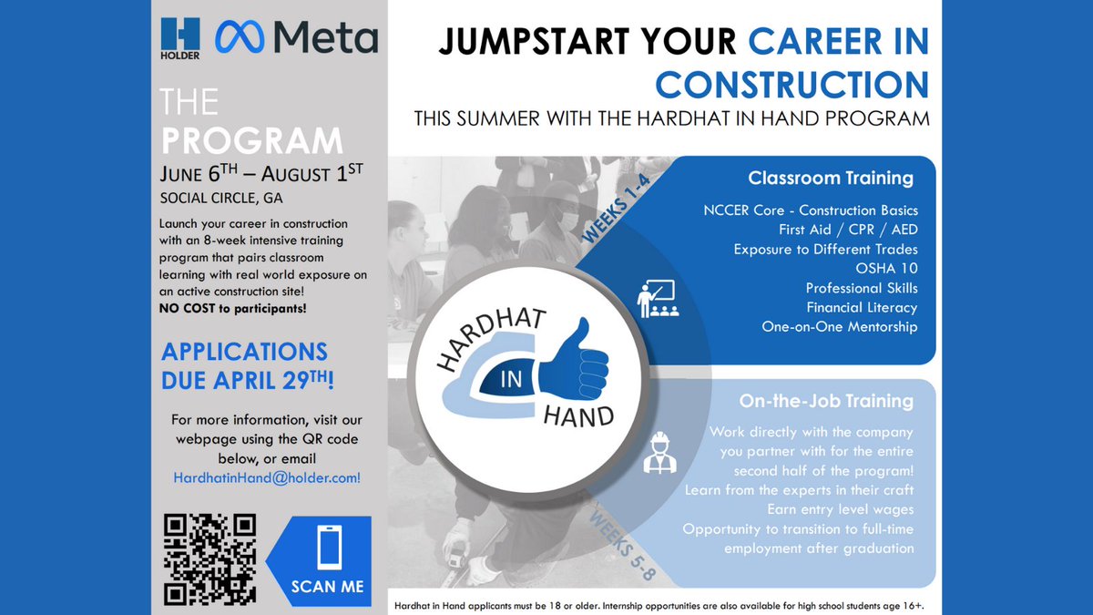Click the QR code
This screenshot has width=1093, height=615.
[x=209, y=559]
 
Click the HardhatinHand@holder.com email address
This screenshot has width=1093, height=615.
[x=267, y=477]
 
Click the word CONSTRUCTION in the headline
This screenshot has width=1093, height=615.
[x=792, y=84]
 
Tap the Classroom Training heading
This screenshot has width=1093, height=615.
[x=830, y=178]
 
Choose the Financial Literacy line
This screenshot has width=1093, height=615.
[x=862, y=307]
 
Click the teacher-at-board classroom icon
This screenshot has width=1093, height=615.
[x=654, y=298]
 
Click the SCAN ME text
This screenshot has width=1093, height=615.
[x=327, y=586]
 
